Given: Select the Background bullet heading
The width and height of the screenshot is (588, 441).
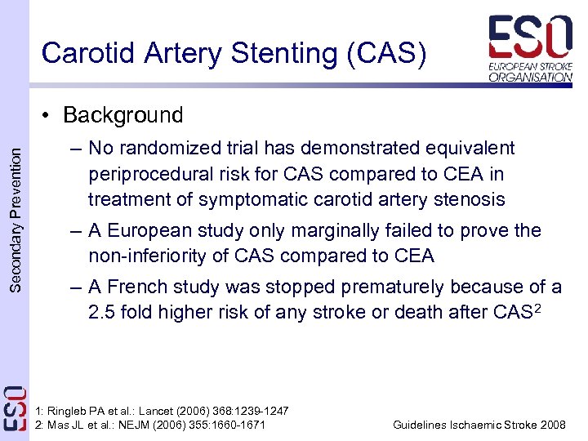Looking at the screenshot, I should pyautogui.click(x=122, y=115).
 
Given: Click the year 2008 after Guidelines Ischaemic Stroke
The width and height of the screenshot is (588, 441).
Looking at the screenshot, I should pyautogui.click(x=551, y=424).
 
